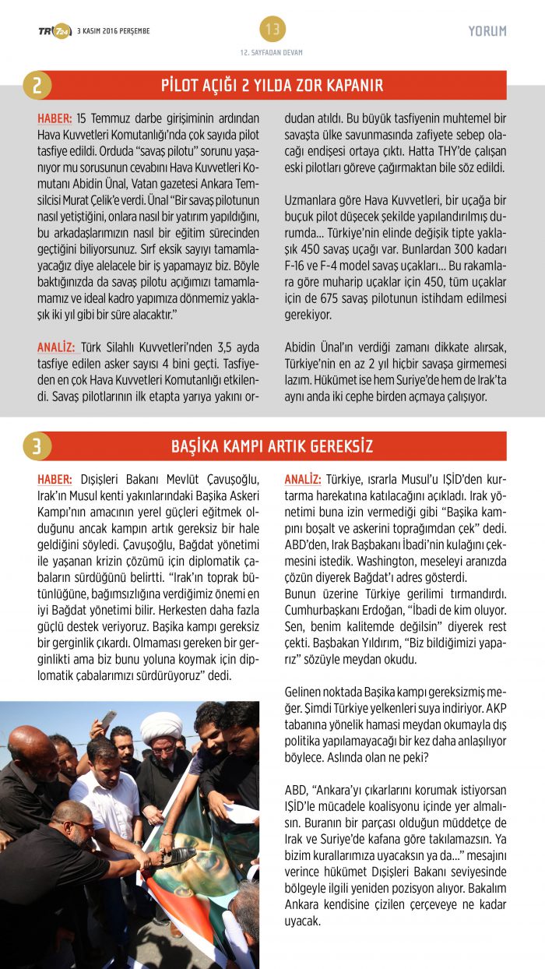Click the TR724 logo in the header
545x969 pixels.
pos(54,31)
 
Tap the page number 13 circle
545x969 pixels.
pos(272,30)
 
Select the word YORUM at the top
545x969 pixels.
pos(487,31)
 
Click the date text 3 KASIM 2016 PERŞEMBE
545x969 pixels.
pos(114,31)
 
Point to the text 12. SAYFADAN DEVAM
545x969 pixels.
pos(272,52)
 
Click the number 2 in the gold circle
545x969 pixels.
pos(37,85)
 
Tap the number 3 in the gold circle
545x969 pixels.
pos(37,446)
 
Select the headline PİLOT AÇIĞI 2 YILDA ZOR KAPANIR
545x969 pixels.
pos(272,85)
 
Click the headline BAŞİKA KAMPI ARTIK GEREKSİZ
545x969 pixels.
pos(272,446)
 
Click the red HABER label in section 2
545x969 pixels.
pos(55,119)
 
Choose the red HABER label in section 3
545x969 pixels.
pos(55,479)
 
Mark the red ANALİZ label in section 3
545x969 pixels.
pos(303,479)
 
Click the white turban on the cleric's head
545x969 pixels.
pos(161,728)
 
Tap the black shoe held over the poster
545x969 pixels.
pos(178,856)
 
